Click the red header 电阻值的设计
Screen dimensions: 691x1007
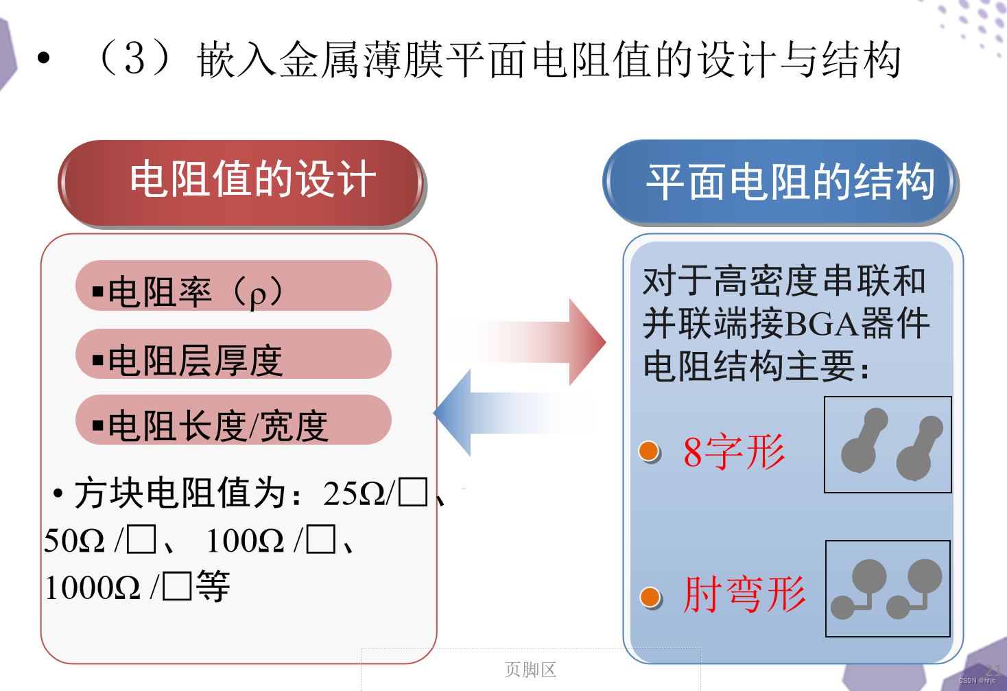coord(241,183)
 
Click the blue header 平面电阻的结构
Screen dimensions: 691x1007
coord(781,183)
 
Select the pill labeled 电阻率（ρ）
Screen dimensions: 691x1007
coord(233,286)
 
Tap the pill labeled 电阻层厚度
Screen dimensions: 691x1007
coord(233,354)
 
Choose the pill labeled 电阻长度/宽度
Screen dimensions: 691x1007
coord(233,420)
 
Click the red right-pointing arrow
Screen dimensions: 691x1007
coord(542,342)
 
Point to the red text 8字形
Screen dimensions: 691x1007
coord(734,452)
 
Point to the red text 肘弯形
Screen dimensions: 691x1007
coord(744,594)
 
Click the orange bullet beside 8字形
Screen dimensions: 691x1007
coord(649,452)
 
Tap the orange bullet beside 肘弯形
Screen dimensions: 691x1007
coord(650,597)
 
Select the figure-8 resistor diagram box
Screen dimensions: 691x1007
coord(888,445)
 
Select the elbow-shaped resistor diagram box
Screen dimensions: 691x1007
coord(888,589)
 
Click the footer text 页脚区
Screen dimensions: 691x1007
coord(530,670)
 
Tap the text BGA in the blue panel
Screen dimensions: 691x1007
coord(822,324)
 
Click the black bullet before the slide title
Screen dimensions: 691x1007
coord(44,58)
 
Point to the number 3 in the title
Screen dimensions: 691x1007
coord(134,58)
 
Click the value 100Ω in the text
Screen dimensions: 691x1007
coord(245,541)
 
